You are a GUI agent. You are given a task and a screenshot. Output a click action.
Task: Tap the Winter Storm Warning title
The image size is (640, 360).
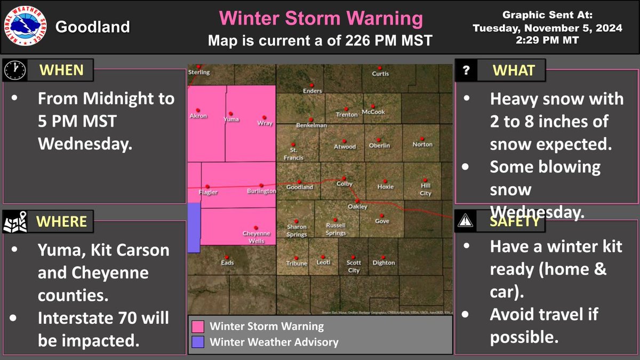point(321,19)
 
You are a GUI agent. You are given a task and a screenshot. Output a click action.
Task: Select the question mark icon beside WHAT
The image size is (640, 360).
point(466,70)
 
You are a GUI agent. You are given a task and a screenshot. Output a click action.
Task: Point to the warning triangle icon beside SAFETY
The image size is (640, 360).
point(466,220)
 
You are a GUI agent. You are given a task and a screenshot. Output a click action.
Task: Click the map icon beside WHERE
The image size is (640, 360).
point(14,221)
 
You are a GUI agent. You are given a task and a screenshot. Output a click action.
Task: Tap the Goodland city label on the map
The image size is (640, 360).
point(300,187)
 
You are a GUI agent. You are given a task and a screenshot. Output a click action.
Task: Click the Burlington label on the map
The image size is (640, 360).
point(261,190)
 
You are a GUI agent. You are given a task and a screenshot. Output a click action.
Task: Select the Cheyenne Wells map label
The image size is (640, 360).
point(257,236)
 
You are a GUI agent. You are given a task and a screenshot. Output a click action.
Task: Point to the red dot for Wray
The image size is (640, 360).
point(263,117)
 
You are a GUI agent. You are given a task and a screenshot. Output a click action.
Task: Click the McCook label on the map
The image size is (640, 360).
point(373,112)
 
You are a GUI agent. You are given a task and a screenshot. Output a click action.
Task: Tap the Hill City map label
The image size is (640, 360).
point(425,189)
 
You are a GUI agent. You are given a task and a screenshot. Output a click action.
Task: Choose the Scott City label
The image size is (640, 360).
point(354,266)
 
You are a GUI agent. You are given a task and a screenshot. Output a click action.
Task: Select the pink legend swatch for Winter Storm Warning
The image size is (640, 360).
point(198,326)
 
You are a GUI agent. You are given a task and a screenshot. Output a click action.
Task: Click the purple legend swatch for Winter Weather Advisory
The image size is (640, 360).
point(198,341)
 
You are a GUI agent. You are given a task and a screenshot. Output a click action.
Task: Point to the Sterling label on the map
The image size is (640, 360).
point(199,72)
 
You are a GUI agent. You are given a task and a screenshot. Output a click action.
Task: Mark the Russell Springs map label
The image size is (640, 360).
point(336,229)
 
